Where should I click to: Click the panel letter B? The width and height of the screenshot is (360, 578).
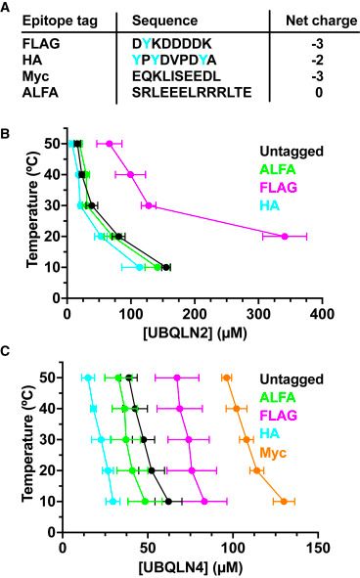tap(9, 119)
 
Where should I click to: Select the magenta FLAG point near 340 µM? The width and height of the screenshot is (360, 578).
tap(285, 236)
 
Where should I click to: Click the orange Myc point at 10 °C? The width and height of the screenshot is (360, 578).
tap(284, 502)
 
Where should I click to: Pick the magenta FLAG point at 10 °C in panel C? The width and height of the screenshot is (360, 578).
tap(203, 502)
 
